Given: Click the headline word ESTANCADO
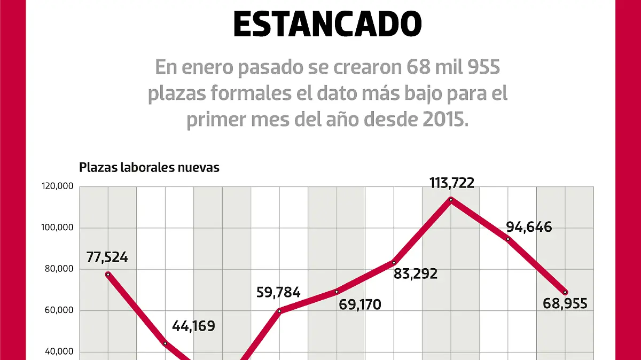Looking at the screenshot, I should point(327,24).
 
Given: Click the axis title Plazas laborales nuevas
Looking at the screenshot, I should point(149,167).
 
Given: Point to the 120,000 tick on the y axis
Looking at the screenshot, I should point(59,187).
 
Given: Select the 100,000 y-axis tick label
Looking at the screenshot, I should point(59,228).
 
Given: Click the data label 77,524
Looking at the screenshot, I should point(107,257).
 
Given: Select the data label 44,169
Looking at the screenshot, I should point(193,326).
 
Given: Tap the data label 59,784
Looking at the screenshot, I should point(279,292).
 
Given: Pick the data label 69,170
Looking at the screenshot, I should point(360,305).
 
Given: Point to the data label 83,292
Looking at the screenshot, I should point(416,274).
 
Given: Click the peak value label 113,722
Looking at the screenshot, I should point(452,183).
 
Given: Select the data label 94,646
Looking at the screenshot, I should point(529,227).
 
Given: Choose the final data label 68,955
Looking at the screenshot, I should point(565,304).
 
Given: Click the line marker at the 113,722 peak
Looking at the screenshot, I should point(451,200).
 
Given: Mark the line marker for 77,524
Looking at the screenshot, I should point(108,274).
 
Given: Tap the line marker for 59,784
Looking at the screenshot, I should point(279,310).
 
